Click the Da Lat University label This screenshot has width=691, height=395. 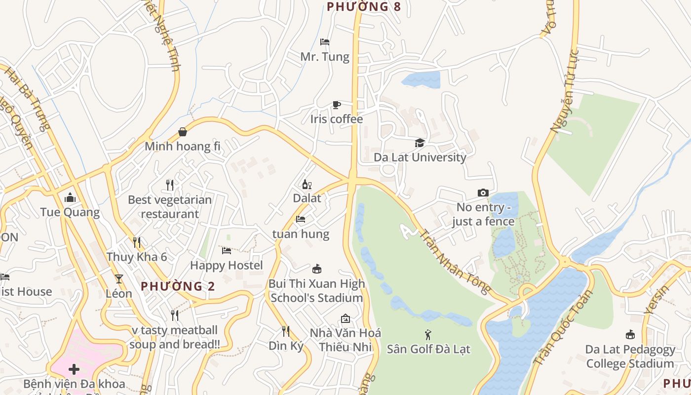pyautogui.click(x=420, y=157)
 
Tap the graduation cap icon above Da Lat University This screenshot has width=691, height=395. pyautogui.click(x=420, y=143)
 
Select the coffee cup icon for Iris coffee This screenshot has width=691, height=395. pyautogui.click(x=336, y=105)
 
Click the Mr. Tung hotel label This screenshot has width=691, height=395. pyautogui.click(x=325, y=57)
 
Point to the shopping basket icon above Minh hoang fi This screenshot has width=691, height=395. pyautogui.click(x=183, y=132)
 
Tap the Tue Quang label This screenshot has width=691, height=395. pyautogui.click(x=70, y=212)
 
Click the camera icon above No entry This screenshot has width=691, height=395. pyautogui.click(x=483, y=193)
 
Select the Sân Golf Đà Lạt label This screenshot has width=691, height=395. pyautogui.click(x=428, y=349)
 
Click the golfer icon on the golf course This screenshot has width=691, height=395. pyautogui.click(x=428, y=335)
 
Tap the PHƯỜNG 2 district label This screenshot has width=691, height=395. pyautogui.click(x=178, y=286)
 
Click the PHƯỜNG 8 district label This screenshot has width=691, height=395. pyautogui.click(x=363, y=6)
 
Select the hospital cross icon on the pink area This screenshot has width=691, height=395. pyautogui.click(x=74, y=369)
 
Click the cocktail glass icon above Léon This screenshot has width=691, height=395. pyautogui.click(x=118, y=279)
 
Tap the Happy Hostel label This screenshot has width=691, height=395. pyautogui.click(x=227, y=265)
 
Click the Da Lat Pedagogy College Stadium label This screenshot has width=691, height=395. pyautogui.click(x=630, y=356)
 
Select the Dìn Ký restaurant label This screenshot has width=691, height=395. pyautogui.click(x=286, y=346)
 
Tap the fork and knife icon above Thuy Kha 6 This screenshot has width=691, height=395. pyautogui.click(x=137, y=242)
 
